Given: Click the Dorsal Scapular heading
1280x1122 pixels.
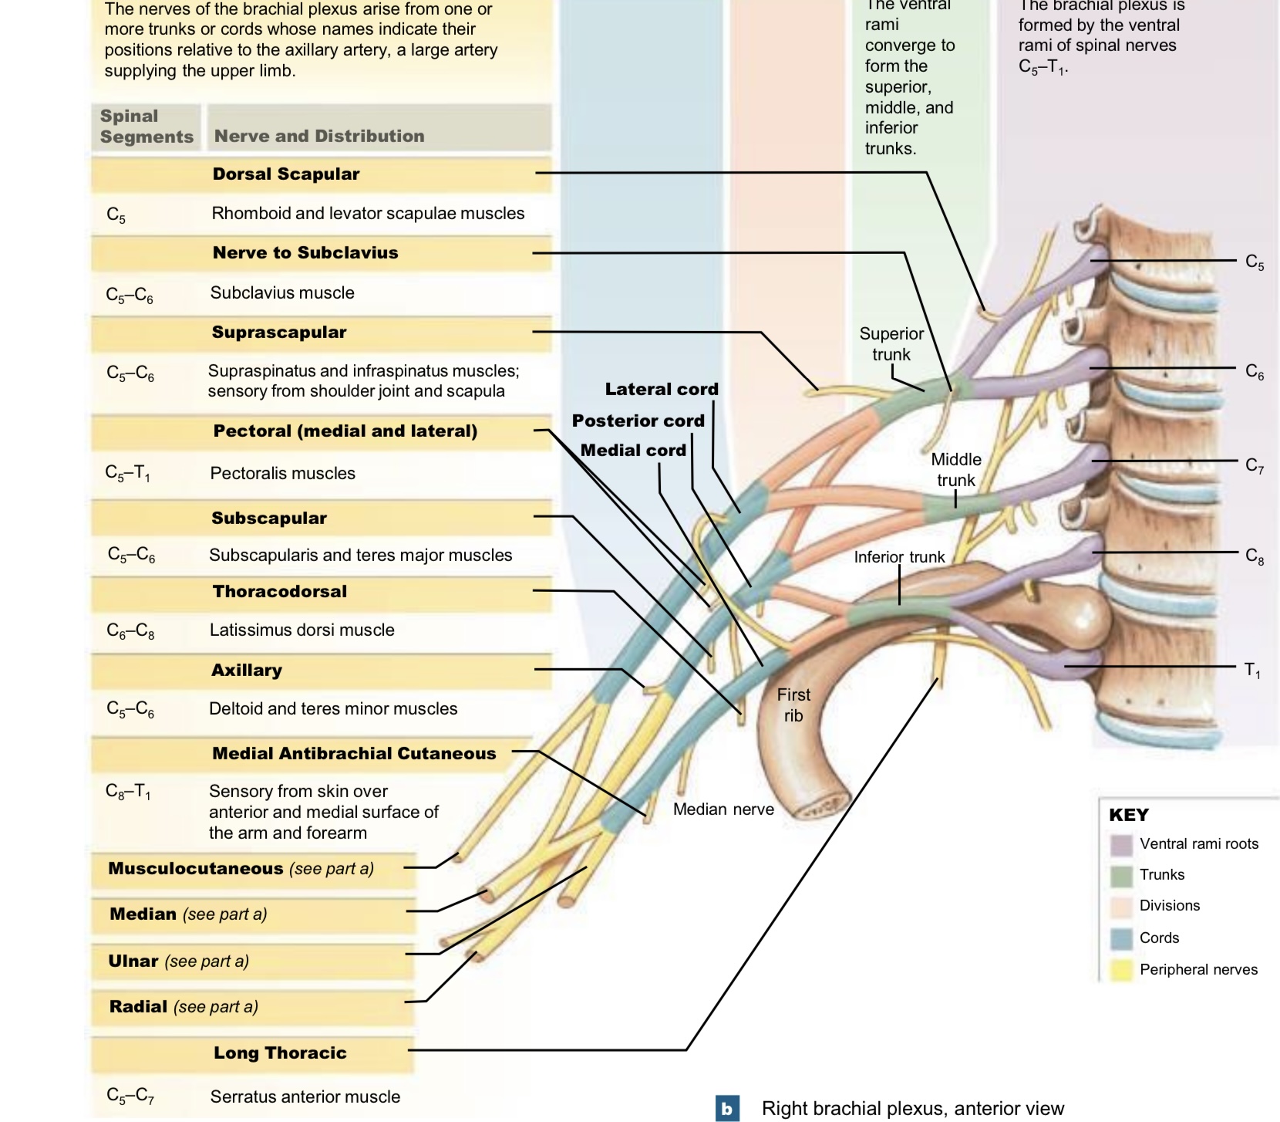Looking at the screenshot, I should pyautogui.click(x=286, y=174).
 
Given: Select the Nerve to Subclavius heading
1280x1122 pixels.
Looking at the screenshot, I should pyautogui.click(x=305, y=253).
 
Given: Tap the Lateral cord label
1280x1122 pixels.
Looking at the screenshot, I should pyautogui.click(x=661, y=390).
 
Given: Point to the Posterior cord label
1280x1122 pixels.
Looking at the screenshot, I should pyautogui.click(x=638, y=421).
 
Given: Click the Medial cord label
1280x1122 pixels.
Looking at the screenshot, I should pyautogui.click(x=632, y=451).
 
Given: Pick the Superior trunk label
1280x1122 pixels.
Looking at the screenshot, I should pyautogui.click(x=891, y=344).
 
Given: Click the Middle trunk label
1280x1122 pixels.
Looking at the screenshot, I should pyautogui.click(x=955, y=469).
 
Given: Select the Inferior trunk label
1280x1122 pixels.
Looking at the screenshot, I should pyautogui.click(x=899, y=557).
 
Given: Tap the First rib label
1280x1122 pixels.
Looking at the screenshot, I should pyautogui.click(x=793, y=705).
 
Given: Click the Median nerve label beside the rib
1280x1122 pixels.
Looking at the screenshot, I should pyautogui.click(x=723, y=809).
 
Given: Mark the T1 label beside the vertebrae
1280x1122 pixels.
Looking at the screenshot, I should pyautogui.click(x=1252, y=670).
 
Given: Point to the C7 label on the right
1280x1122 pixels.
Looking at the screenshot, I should pyautogui.click(x=1254, y=465).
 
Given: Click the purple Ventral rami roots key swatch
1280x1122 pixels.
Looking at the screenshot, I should pyautogui.click(x=1120, y=844).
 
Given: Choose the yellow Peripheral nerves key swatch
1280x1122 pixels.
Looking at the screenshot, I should pyautogui.click(x=1120, y=970).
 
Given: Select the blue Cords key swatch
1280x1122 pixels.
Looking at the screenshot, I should pyautogui.click(x=1120, y=938).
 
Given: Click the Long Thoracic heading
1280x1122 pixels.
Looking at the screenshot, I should pyautogui.click(x=280, y=1053).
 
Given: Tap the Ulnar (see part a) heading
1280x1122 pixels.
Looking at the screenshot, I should pyautogui.click(x=179, y=961).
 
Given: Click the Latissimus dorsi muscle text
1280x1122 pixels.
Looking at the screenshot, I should pyautogui.click(x=301, y=630).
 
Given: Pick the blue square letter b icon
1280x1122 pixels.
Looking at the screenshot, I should pyautogui.click(x=726, y=1109).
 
